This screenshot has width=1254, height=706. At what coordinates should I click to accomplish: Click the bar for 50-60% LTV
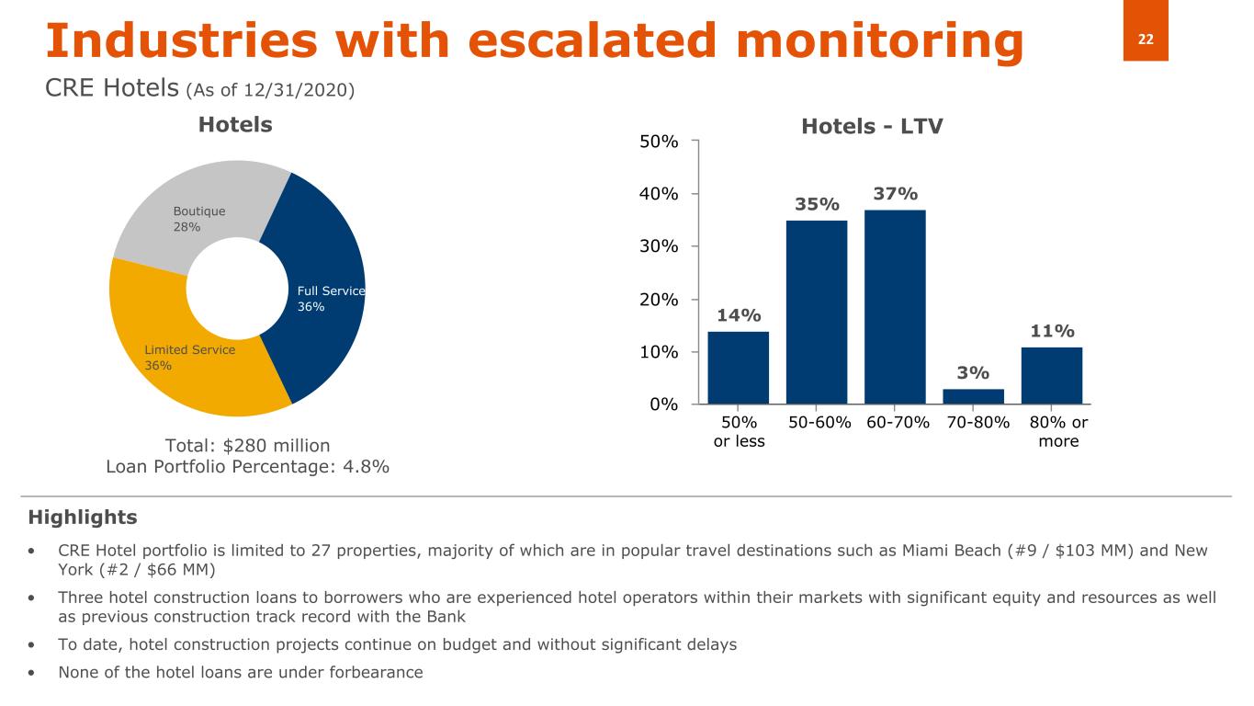tap(817, 312)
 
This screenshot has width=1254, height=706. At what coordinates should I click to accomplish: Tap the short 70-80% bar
tap(973, 396)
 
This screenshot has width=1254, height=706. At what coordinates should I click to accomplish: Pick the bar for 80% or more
tap(1052, 375)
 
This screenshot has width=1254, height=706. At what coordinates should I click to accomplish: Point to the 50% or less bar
tap(738, 367)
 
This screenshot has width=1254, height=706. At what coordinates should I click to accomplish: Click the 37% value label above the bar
tap(895, 194)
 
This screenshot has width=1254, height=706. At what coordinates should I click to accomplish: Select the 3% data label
tap(973, 372)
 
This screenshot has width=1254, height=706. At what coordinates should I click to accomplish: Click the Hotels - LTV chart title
tap(872, 127)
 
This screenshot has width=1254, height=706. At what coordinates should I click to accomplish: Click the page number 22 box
tap(1146, 39)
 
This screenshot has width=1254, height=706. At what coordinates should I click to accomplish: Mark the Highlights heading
tap(83, 518)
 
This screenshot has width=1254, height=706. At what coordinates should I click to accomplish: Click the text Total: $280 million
tap(247, 446)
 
